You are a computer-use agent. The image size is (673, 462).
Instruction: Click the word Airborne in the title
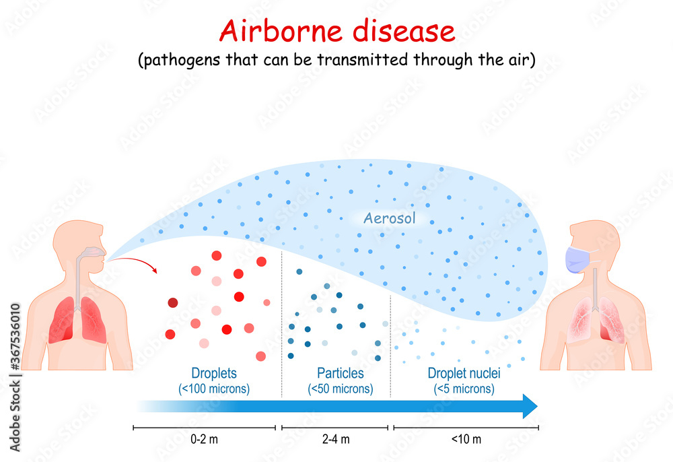click(281, 31)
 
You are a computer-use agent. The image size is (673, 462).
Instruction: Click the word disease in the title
click(403, 31)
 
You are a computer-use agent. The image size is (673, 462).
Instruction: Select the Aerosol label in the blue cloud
click(389, 218)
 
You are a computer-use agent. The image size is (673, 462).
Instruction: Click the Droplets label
click(214, 373)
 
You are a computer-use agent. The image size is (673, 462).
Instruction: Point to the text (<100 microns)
click(214, 389)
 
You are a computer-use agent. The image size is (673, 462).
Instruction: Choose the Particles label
click(341, 373)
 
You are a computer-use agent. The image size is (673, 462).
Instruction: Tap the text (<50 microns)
click(341, 389)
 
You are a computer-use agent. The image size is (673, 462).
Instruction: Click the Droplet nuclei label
click(464, 373)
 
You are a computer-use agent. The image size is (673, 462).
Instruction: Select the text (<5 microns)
click(464, 389)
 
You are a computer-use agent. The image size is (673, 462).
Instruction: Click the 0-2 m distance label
click(205, 439)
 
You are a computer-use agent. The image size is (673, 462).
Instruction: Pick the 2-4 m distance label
click(336, 439)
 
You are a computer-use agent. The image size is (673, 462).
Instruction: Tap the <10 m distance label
click(466, 439)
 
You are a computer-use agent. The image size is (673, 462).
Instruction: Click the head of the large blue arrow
click(530, 406)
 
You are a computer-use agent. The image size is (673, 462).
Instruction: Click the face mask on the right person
click(577, 259)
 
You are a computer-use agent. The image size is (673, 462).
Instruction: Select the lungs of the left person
click(77, 320)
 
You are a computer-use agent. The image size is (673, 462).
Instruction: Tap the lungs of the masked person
click(596, 320)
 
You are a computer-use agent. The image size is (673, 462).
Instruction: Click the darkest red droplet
click(172, 302)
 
